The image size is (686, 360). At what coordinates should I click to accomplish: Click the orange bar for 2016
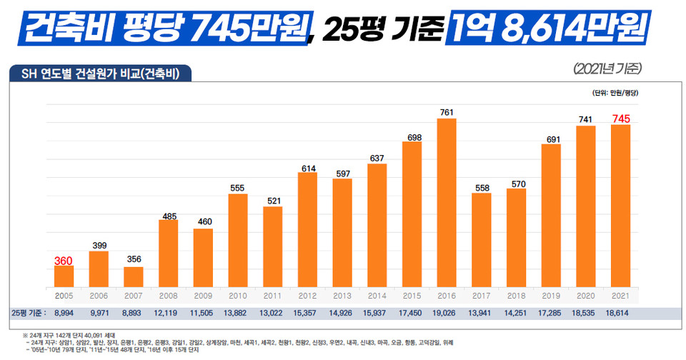pyautogui.click(x=447, y=202)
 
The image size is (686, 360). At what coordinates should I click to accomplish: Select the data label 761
pyautogui.click(x=447, y=112)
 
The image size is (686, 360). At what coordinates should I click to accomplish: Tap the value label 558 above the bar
pyautogui.click(x=482, y=186)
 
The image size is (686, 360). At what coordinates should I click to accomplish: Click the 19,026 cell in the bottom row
pyautogui.click(x=447, y=313)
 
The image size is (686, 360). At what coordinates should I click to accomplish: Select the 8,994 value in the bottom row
pyautogui.click(x=64, y=313)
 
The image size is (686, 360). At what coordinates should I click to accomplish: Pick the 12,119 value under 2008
pyautogui.click(x=169, y=313)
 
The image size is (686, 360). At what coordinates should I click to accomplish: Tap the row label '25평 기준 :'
pyautogui.click(x=29, y=313)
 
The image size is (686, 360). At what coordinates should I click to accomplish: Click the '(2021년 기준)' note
pyautogui.click(x=608, y=69)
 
